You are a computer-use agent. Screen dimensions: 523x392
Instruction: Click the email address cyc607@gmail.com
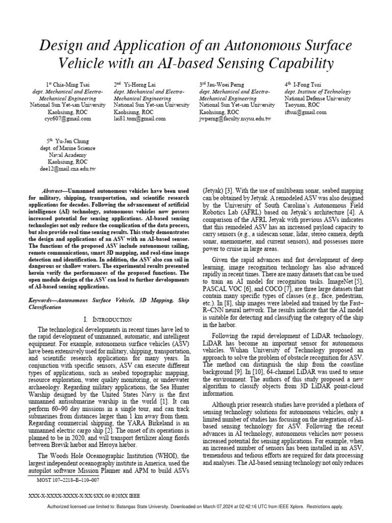click(68, 118)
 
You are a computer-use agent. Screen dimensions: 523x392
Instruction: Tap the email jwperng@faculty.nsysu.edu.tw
click(235, 118)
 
